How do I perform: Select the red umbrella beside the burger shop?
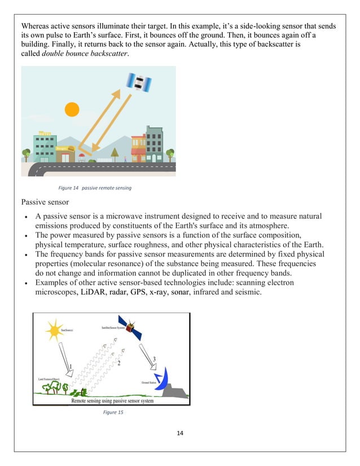click(x=82, y=156)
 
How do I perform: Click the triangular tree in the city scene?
click(x=115, y=153)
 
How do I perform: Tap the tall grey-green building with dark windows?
click(x=154, y=143)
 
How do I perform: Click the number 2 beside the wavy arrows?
click(x=118, y=363)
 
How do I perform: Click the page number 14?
click(x=179, y=434)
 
